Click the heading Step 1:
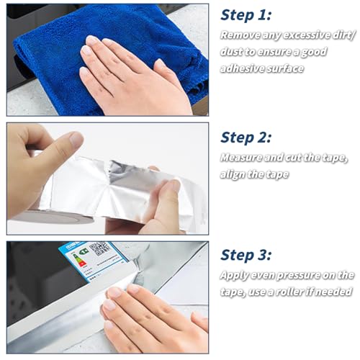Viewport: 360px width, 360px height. pyautogui.click(x=246, y=15)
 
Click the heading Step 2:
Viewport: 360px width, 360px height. pyautogui.click(x=246, y=138)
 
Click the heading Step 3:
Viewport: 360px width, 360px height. pyautogui.click(x=246, y=255)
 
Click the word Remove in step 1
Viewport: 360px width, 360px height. pyautogui.click(x=240, y=35)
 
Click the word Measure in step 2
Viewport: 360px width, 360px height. pyautogui.click(x=241, y=158)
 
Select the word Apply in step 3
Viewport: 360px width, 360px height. pyautogui.click(x=233, y=276)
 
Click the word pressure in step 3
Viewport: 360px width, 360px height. pyautogui.click(x=297, y=276)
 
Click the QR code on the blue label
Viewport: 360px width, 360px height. pyautogui.click(x=100, y=249)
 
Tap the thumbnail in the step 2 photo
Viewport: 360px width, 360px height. pyautogui.click(x=76, y=139)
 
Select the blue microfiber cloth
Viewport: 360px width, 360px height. pyautogui.click(x=110, y=58)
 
